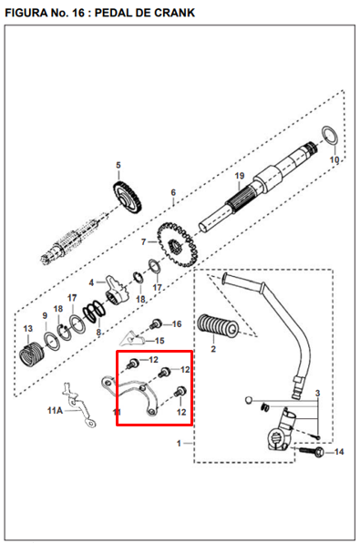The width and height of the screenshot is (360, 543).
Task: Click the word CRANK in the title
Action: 174,13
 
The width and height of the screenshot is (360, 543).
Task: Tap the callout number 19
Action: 240,176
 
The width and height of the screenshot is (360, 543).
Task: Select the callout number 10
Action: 334,159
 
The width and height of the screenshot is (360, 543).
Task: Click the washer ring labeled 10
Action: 329,135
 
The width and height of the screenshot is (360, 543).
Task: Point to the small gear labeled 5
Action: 128,198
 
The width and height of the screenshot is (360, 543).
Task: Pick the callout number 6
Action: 173,192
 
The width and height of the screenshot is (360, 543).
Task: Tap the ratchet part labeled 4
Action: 116,291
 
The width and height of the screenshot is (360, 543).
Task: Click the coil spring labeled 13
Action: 31,354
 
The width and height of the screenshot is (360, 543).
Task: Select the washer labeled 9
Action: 51,342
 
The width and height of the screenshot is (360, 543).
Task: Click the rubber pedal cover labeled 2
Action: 218,326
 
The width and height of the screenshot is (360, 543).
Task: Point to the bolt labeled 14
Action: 311,451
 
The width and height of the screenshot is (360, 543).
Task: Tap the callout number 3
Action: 317,394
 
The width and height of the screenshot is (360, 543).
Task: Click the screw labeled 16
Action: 156,323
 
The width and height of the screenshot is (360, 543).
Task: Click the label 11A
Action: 55,411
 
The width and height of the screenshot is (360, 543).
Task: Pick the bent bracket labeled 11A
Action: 78,405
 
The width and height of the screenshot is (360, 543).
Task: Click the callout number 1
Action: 179,444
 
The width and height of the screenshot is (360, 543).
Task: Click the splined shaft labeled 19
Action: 258,187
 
